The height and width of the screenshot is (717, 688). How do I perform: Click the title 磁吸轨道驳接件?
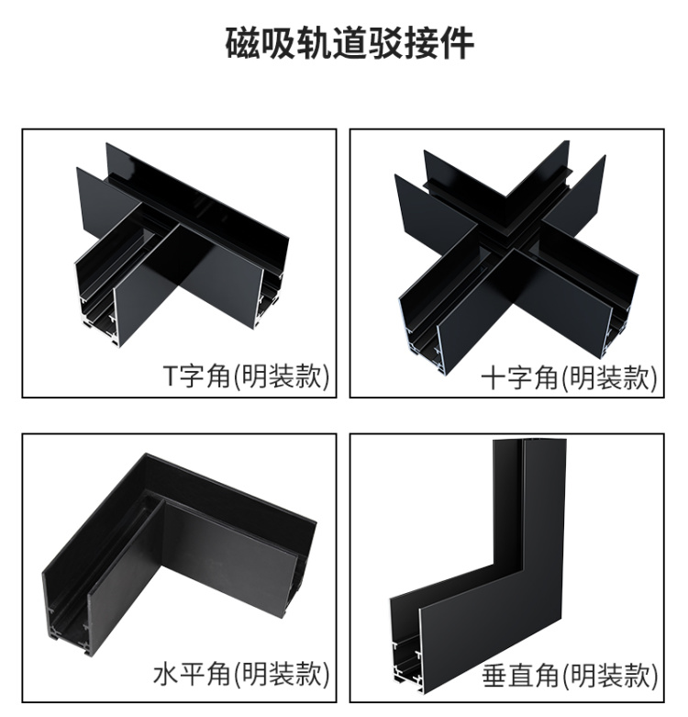pos(350,44)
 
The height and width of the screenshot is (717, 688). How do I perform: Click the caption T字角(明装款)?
pos(246,376)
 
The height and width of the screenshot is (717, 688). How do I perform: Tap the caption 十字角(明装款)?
pos(569,377)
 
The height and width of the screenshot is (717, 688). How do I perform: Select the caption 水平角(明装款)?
pos(240,675)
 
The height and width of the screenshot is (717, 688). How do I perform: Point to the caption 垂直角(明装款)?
pos(570,676)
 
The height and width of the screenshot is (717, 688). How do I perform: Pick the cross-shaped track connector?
pos(516,256)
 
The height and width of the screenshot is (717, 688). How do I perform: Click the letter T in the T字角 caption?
pos(170,376)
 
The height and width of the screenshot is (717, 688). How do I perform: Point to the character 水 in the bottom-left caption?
pos(165,675)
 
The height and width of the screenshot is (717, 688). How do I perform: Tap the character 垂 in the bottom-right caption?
pos(494,676)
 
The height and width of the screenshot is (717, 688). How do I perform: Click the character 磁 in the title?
pos(242,44)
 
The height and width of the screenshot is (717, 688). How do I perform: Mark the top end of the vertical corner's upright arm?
pos(529,441)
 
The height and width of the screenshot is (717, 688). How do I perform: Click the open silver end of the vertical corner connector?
pos(405,649)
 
